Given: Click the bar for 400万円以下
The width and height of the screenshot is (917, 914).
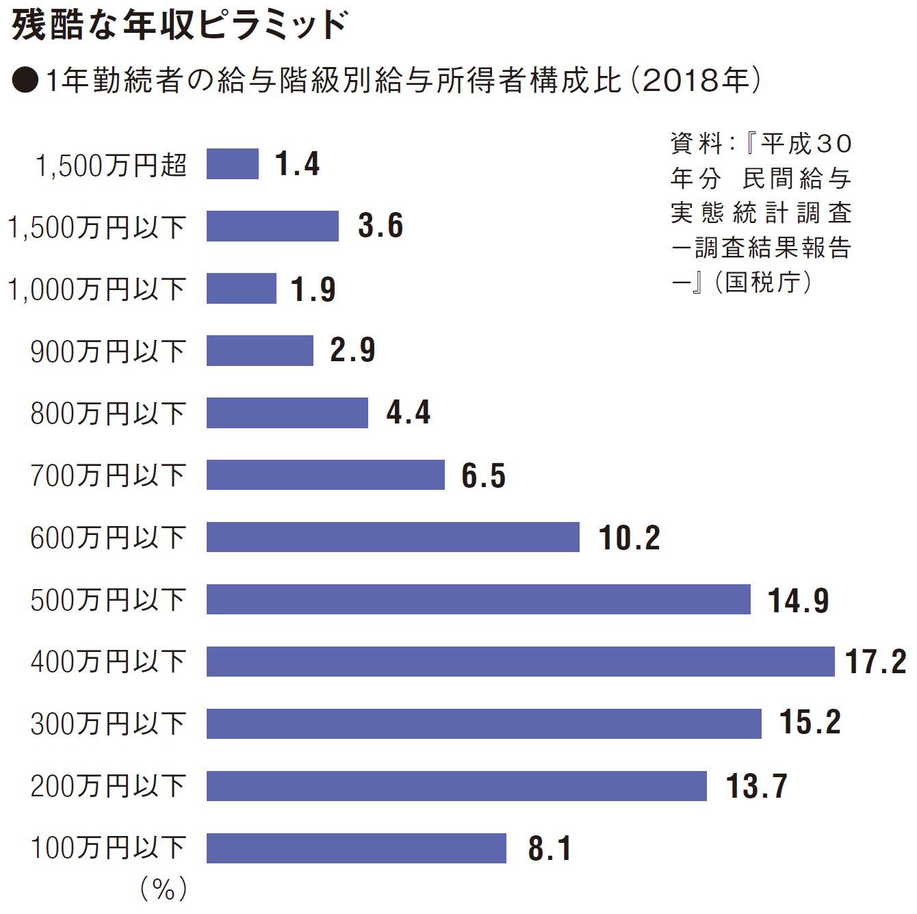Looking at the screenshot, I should [x=520, y=662].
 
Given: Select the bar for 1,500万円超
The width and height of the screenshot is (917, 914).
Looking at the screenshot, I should [x=233, y=164].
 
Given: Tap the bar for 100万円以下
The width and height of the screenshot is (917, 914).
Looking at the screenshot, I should [x=356, y=848].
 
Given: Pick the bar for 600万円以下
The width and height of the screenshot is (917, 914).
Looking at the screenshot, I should [x=393, y=537].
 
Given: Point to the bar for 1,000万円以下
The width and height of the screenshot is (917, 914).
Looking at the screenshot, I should [x=242, y=289].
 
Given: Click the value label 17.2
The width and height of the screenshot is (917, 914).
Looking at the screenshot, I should [x=875, y=662].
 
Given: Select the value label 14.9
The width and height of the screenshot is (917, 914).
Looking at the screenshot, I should [x=798, y=600].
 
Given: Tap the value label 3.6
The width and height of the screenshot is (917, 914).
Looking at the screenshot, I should [x=380, y=226].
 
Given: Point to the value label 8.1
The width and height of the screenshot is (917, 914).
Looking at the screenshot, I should [x=550, y=848].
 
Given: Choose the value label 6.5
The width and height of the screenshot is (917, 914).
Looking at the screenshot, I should [x=483, y=475].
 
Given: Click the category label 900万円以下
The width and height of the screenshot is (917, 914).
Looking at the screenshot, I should [x=108, y=352].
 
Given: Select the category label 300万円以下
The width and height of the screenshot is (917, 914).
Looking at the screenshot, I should [x=108, y=724].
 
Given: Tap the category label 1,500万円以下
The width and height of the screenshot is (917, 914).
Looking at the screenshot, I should [x=96, y=227].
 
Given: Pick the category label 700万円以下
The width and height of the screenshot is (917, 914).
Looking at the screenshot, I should [x=108, y=475].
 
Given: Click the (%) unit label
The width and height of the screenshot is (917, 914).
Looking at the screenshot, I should [x=164, y=889].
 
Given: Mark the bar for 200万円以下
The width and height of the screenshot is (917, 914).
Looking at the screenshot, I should [x=456, y=786].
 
